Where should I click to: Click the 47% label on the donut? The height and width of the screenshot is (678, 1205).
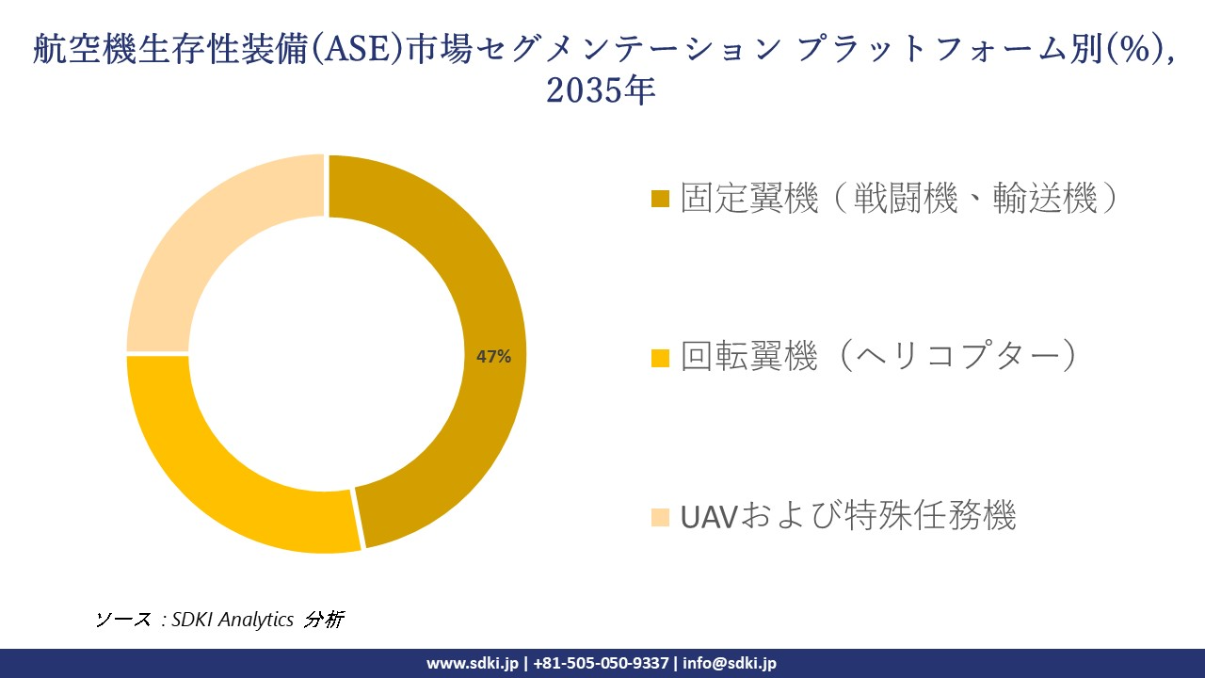point(493,357)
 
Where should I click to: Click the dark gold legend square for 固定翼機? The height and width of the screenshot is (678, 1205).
point(660,199)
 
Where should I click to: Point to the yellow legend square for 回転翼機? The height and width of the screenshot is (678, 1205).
point(660,357)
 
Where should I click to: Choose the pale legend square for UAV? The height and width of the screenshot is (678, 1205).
point(660,517)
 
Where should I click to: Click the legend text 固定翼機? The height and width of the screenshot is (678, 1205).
point(749,199)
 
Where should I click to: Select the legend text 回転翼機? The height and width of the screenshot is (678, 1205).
point(749,357)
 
